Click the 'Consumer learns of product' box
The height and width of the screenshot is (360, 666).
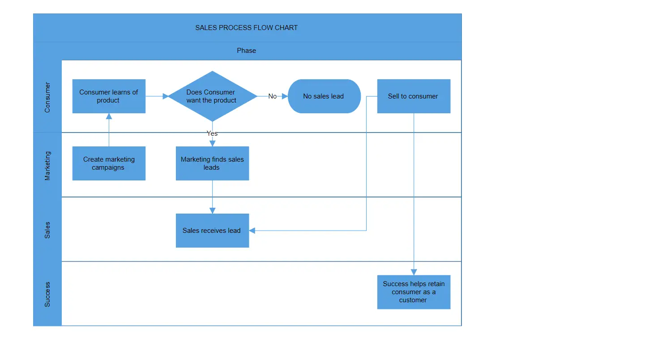109,96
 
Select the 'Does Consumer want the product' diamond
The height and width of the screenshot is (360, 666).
212,96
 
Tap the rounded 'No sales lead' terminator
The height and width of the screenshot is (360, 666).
324,96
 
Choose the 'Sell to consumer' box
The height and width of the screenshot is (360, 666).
414,96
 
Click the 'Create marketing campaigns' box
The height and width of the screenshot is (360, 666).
109,163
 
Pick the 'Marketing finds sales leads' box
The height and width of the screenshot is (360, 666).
212,163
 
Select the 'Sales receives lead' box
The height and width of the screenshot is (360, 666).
212,231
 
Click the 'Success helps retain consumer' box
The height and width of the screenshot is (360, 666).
414,292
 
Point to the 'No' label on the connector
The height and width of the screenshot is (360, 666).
272,96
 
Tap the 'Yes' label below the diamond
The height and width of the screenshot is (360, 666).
212,133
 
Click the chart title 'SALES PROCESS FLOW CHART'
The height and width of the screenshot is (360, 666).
247,28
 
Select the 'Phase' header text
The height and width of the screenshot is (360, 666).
247,51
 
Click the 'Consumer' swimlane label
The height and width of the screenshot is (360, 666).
47,97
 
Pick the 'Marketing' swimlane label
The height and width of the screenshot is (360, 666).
47,166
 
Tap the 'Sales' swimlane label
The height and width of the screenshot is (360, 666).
47,230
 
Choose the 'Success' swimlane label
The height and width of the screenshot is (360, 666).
47,294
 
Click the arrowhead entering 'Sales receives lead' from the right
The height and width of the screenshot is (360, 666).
252,231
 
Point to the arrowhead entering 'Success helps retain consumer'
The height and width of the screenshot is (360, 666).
414,272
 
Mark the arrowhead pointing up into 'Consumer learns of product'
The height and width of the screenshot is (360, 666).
109,116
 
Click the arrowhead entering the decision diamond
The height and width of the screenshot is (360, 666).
165,96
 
